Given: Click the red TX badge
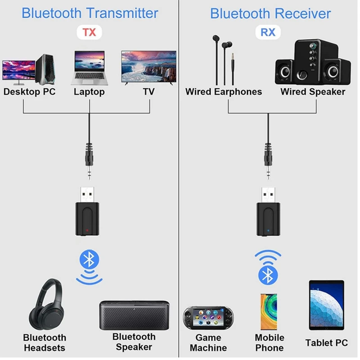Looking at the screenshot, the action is click(89, 32).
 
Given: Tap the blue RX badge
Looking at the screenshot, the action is click(268, 32).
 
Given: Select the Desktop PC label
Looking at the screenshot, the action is click(29, 92).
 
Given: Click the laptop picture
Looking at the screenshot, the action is click(90, 68).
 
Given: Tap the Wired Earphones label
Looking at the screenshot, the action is click(224, 92).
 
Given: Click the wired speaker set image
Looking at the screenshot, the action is click(313, 62).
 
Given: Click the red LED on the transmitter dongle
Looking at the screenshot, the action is click(87, 230).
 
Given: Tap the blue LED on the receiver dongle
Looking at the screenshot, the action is click(268, 230).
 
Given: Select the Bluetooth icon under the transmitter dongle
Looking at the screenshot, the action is click(89, 259).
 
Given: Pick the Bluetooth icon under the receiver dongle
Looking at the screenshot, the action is click(268, 275).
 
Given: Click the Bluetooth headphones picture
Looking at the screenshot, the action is click(47, 305).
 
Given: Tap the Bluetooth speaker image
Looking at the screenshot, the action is click(134, 315).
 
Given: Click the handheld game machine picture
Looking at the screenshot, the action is click(208, 318).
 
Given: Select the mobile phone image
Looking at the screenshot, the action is click(269, 311).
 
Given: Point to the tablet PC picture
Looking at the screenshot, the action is click(327, 305).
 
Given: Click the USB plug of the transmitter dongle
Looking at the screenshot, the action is click(87, 195).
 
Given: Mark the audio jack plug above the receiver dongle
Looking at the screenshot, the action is click(268, 161).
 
